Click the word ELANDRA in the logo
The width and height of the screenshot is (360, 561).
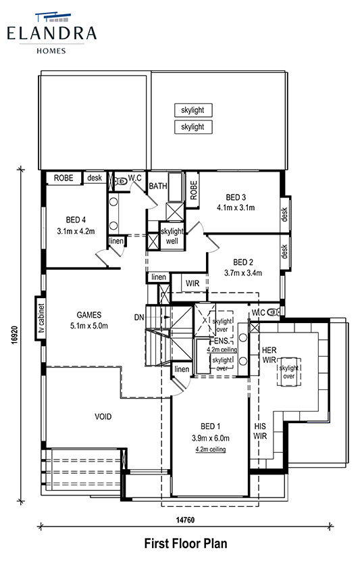click(x=52, y=33)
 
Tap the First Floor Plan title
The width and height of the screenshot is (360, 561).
click(x=186, y=543)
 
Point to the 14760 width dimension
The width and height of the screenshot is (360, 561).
click(x=185, y=520)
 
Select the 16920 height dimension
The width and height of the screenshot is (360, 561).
click(x=15, y=335)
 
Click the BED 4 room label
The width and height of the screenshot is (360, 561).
click(x=76, y=220)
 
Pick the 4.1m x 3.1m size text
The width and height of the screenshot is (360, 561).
click(x=236, y=208)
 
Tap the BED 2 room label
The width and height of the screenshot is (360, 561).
click(x=243, y=262)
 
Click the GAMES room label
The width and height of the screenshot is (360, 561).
click(x=89, y=315)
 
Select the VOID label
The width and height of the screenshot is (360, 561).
click(x=103, y=416)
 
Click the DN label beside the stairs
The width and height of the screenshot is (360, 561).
click(x=139, y=317)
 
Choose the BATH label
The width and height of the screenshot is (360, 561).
click(x=157, y=186)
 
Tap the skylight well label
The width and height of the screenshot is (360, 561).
click(x=172, y=236)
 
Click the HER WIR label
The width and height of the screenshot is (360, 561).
click(x=269, y=355)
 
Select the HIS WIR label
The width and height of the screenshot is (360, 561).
click(x=260, y=431)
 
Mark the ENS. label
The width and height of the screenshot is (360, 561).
click(x=221, y=341)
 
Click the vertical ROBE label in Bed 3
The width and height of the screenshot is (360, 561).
click(x=193, y=190)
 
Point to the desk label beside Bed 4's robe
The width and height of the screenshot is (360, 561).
click(x=95, y=178)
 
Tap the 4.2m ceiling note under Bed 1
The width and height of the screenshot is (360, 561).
click(x=211, y=449)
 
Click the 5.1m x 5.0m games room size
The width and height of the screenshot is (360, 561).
click(x=89, y=326)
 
